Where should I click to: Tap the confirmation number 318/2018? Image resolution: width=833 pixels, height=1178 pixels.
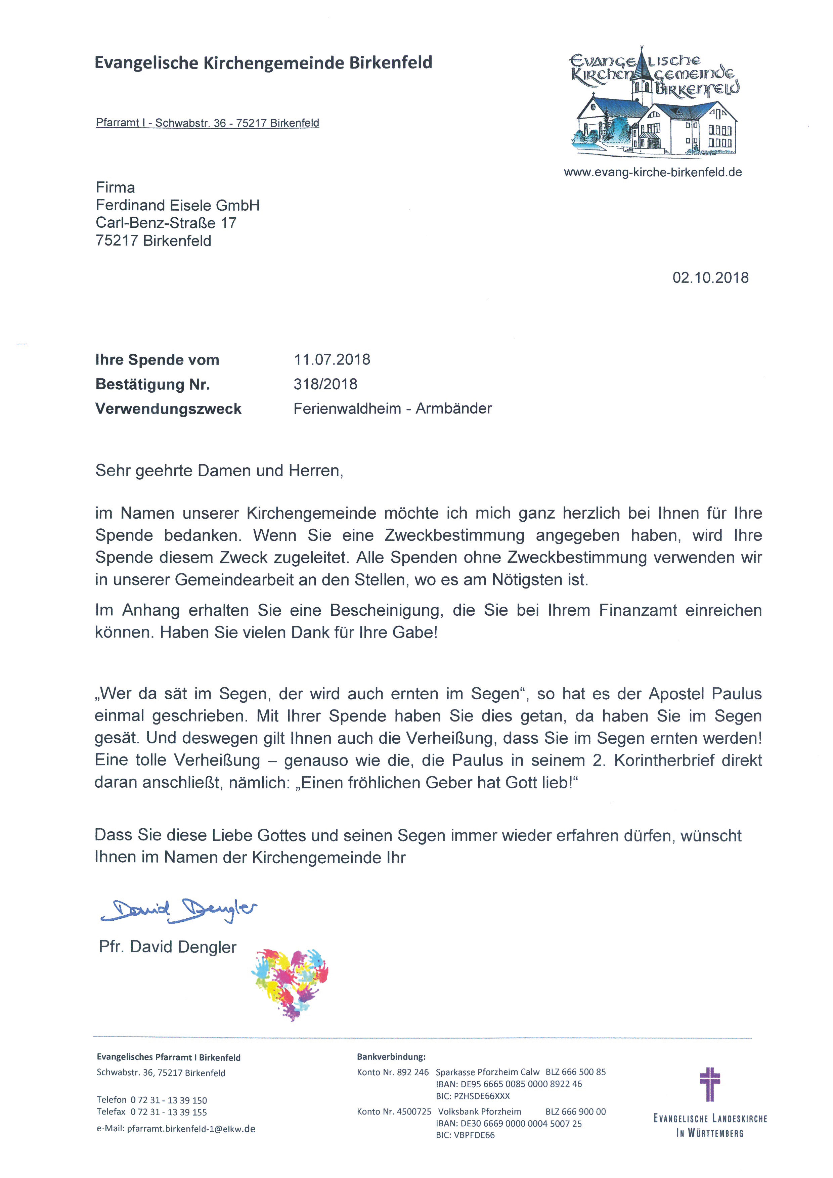pos(325,384)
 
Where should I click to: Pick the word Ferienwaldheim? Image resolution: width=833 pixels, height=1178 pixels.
pos(347,408)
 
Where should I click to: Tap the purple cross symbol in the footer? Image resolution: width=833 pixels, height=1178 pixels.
pos(710,1084)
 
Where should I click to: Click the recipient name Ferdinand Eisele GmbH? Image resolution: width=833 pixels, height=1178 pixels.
pos(177,205)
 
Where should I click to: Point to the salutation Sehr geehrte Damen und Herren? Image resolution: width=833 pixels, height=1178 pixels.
pos(219,471)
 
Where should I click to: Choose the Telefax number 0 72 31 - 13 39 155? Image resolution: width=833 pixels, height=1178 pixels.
pos(168,1112)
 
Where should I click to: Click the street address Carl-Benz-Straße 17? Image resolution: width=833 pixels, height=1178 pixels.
pos(166,223)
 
